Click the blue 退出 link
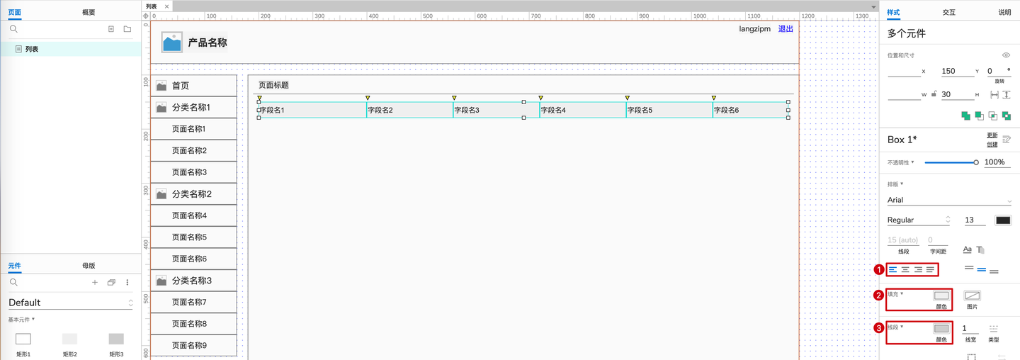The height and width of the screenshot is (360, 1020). click(786, 29)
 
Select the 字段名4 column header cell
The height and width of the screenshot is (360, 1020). click(582, 111)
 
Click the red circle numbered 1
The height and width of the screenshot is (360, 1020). click(879, 270)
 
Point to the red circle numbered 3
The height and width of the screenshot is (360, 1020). click(879, 328)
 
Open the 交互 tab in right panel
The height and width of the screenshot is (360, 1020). click(948, 12)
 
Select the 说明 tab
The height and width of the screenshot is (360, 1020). click(1004, 12)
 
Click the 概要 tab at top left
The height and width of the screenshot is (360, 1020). click(89, 12)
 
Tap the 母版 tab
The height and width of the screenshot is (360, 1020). click(89, 266)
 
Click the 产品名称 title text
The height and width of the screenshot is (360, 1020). click(208, 43)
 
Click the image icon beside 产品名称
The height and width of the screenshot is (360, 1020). click(172, 43)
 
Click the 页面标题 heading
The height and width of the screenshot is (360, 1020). click(273, 85)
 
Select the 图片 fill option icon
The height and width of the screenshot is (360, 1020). click(972, 296)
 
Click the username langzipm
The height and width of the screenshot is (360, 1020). click(754, 29)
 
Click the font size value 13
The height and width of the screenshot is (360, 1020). click(975, 220)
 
